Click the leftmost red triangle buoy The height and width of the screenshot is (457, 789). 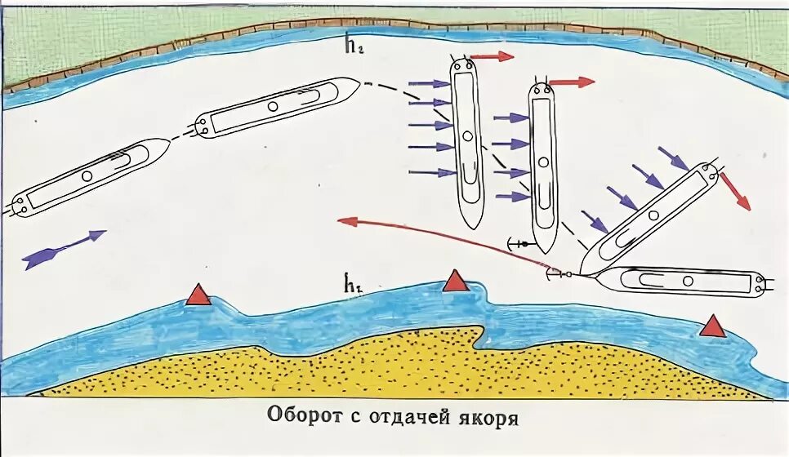198,295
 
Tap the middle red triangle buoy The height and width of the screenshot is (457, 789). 455,282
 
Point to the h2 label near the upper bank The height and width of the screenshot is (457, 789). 354,46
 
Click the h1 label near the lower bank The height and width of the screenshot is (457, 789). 353,285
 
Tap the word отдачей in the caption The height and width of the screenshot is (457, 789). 409,417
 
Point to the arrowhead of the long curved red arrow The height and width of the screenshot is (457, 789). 345,219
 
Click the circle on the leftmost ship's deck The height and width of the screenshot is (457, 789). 87,175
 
